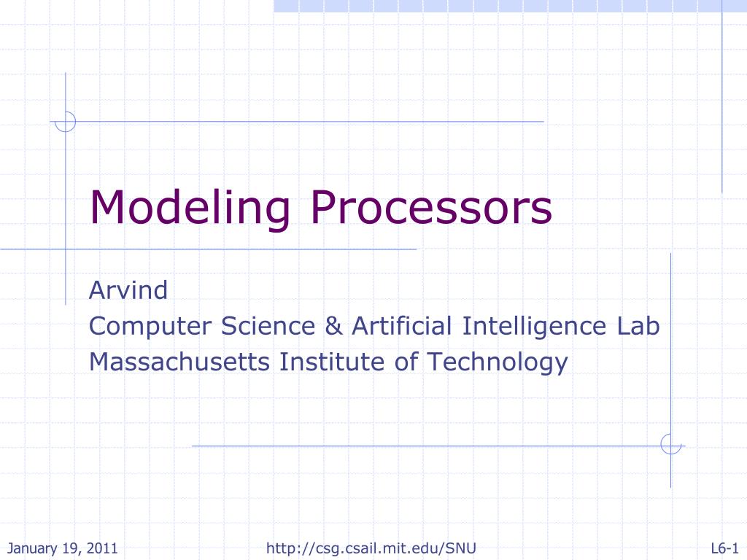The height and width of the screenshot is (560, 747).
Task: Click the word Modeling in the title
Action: point(190,209)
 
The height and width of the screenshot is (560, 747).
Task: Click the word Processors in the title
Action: point(431,207)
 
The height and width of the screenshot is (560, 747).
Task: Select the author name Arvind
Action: point(128,290)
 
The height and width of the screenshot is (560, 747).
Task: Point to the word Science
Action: point(268,326)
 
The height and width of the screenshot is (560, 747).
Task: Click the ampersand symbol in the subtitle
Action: point(333,326)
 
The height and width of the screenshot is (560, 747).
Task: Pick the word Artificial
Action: point(402,326)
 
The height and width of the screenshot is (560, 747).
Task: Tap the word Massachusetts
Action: point(179,362)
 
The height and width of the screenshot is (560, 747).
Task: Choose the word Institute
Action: point(332,362)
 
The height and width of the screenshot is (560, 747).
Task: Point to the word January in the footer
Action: point(32,548)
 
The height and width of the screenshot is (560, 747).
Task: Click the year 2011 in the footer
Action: point(102,548)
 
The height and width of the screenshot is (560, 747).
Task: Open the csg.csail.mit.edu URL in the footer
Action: point(371,548)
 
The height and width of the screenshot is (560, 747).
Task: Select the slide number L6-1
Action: point(724,548)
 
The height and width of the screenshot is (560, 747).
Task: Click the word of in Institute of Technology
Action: point(406,362)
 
